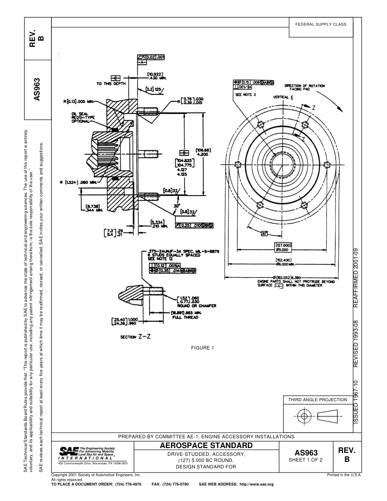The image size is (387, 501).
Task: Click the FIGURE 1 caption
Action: (202, 347)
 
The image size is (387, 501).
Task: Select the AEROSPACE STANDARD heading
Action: (206, 445)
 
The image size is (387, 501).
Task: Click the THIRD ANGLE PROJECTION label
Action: (317, 400)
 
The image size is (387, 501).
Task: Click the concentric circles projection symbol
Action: (303, 416)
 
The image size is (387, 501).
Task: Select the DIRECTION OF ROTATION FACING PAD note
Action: (304, 87)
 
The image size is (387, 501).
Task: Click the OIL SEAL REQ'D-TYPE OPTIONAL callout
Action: (83, 117)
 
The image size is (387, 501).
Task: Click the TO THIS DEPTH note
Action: (111, 83)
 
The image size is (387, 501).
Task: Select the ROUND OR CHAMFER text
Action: (197, 305)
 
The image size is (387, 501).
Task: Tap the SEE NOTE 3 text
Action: (245, 94)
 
